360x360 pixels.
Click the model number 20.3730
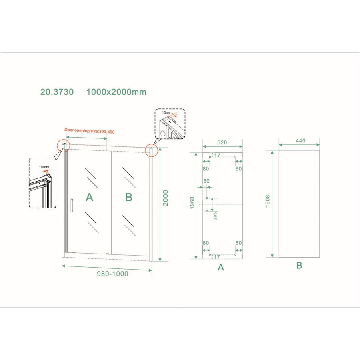click(57, 92)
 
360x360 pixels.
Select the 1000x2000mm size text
click(116, 92)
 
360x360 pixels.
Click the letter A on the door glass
click(90, 197)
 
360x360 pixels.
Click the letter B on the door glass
click(128, 197)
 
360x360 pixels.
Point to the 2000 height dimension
click(165, 198)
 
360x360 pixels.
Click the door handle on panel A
click(71, 204)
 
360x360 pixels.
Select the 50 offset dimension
click(206, 181)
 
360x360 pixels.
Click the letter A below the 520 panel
click(221, 268)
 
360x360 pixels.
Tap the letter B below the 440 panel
click(299, 265)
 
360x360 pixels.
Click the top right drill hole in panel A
click(236, 157)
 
